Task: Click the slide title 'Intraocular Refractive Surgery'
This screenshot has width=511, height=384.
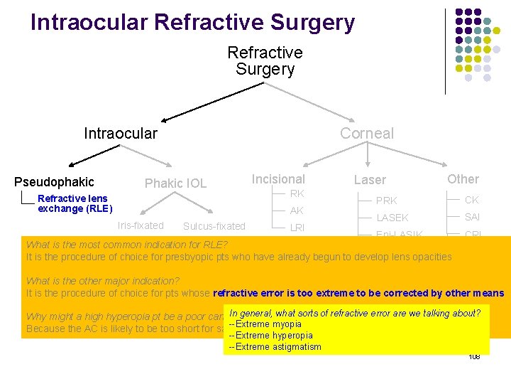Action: click(x=192, y=22)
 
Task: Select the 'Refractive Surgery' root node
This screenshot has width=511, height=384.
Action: click(x=265, y=60)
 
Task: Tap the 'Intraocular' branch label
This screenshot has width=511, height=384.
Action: click(x=121, y=134)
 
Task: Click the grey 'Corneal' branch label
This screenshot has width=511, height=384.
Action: click(x=366, y=134)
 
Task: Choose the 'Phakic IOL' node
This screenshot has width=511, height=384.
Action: click(x=175, y=183)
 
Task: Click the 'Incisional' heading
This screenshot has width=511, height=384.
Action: click(x=278, y=179)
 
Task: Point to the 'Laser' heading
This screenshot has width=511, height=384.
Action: click(x=370, y=181)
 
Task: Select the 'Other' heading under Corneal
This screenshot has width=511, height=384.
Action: click(x=463, y=179)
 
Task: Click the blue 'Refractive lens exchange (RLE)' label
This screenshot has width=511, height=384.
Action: click(x=75, y=203)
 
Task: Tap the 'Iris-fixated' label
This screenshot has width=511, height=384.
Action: click(x=141, y=225)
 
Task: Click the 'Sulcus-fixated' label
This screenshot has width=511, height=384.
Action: click(x=214, y=226)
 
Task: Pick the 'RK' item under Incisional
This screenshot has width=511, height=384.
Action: click(x=297, y=193)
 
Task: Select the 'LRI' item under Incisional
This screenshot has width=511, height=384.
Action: click(x=297, y=227)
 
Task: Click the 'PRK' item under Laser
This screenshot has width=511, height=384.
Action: click(x=387, y=201)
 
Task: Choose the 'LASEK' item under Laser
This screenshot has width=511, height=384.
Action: click(x=392, y=218)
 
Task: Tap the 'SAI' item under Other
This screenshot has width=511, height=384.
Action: click(x=472, y=217)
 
